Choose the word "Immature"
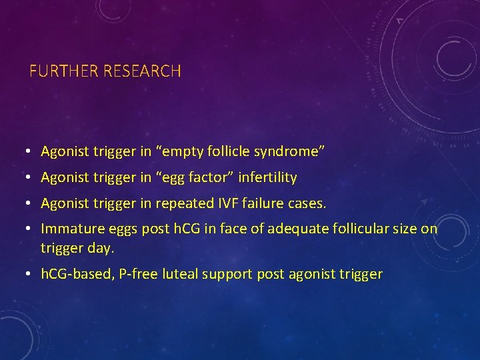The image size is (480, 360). pos(69,229)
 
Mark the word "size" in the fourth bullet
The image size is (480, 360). pos(407,229)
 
